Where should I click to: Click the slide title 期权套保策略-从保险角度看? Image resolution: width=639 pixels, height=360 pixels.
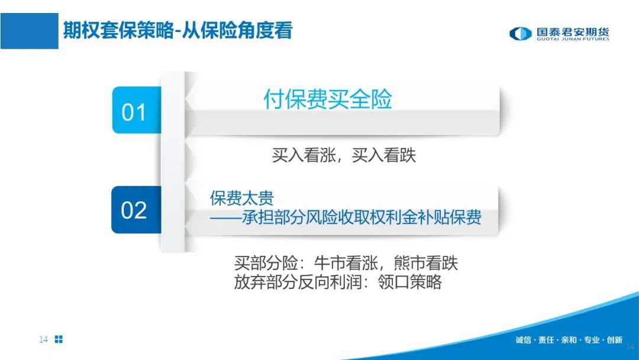177,31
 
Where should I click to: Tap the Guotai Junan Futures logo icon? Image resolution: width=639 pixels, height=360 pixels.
521,33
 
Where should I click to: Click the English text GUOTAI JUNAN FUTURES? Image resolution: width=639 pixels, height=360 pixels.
573,39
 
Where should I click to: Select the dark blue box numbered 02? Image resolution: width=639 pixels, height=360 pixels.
136,210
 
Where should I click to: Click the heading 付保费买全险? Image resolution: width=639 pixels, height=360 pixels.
328,99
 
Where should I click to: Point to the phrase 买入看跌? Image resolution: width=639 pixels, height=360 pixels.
384,155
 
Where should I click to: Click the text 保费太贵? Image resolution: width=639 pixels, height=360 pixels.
241,198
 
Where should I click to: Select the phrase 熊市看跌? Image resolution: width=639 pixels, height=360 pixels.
426,263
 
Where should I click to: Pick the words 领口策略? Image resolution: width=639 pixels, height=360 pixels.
409,282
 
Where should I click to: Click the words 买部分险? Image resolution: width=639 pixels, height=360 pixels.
266,263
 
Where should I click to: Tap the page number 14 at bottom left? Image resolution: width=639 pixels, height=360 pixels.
44,339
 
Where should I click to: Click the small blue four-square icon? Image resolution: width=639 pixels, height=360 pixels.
59,339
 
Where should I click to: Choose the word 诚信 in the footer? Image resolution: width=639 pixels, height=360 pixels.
523,340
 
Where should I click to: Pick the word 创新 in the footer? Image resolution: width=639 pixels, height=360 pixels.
615,340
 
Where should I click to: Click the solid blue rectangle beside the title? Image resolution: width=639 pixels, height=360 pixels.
30,31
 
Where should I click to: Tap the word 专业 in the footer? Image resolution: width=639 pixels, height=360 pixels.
592,340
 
